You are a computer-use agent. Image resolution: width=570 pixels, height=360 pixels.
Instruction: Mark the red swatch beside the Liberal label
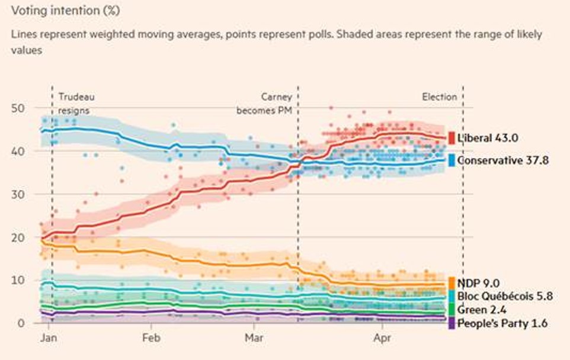click(x=451, y=138)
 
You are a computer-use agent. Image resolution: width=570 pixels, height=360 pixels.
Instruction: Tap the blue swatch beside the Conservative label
click(x=451, y=160)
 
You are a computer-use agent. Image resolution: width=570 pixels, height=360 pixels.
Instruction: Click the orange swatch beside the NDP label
click(x=451, y=283)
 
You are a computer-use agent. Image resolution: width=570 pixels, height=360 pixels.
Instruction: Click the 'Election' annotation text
click(x=439, y=97)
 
